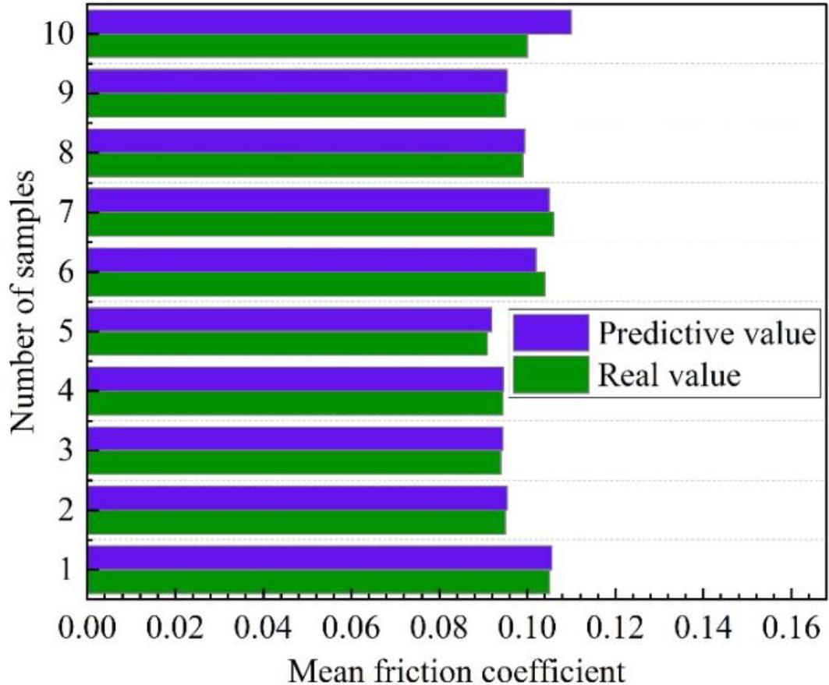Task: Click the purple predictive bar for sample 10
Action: pos(328,22)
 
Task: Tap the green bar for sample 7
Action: pos(320,224)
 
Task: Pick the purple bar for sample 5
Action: pos(289,320)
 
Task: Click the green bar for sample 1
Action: pos(317,582)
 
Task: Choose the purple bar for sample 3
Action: pos(294,439)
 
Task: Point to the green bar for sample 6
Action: pos(315,284)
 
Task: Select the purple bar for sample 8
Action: pos(305,141)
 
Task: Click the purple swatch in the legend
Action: pos(551,334)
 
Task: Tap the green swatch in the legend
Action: pos(551,376)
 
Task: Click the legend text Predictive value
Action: pos(707,334)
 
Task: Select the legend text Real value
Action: pos(668,376)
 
